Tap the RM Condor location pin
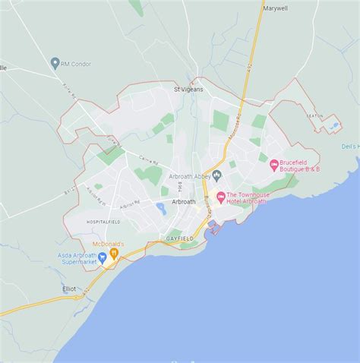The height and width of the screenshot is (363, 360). point(55,64)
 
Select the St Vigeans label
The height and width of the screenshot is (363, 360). point(188,89)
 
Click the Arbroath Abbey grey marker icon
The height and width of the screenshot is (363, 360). point(216,176)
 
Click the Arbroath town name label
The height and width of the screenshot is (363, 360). point(185,201)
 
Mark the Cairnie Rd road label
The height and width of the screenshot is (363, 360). point(149,161)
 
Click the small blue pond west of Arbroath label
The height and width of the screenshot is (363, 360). point(160,208)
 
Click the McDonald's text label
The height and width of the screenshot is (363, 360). point(109,243)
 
